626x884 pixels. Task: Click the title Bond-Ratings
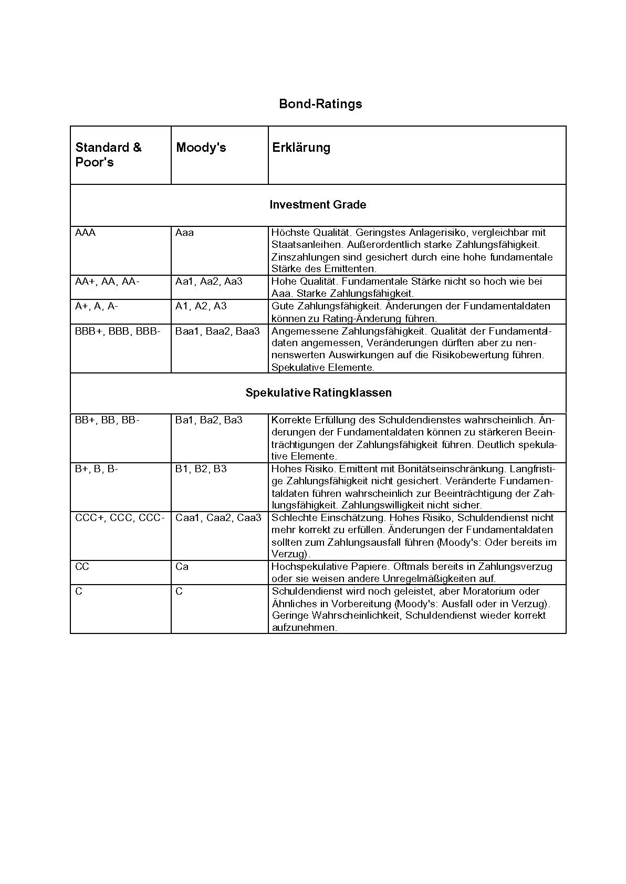(320, 104)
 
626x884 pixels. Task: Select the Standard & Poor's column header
(109, 154)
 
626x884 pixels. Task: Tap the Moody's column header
(201, 148)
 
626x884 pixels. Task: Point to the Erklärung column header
(301, 148)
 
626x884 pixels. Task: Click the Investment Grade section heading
(318, 205)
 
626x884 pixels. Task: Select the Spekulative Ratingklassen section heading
(318, 393)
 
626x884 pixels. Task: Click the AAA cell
(86, 233)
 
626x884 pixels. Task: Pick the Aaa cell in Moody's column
(184, 233)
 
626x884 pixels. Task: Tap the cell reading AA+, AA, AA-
(107, 282)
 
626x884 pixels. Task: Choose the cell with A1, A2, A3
(201, 306)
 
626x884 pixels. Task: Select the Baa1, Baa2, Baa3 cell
(217, 331)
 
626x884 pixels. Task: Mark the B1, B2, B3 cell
(201, 469)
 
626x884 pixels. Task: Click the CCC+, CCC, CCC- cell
(120, 518)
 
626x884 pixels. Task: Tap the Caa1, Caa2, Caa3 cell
(218, 518)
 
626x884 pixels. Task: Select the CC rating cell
(82, 567)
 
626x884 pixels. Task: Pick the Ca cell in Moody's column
(182, 567)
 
